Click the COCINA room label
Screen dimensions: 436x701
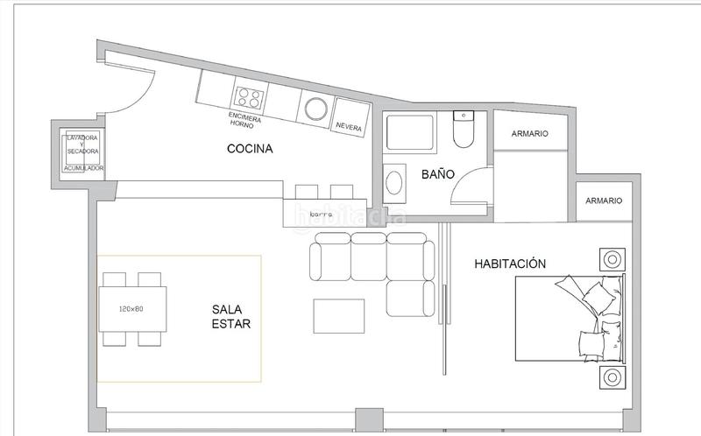pyautogui.click(x=250, y=149)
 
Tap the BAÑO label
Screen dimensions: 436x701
pyautogui.click(x=437, y=174)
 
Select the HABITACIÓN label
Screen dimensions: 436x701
pyautogui.click(x=510, y=263)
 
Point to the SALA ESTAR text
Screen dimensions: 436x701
pyautogui.click(x=231, y=316)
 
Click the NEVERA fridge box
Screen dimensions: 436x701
pyautogui.click(x=349, y=126)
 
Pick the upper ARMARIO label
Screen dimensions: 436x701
pyautogui.click(x=529, y=134)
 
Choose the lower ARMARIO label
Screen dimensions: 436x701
pyautogui.click(x=603, y=200)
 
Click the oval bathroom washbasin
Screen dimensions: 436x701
pyautogui.click(x=396, y=182)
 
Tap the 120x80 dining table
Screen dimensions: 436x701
pyautogui.click(x=131, y=309)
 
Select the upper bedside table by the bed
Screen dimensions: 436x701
pyautogui.click(x=611, y=259)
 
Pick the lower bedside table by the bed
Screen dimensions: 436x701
pyautogui.click(x=611, y=378)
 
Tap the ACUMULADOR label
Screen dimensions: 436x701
pyautogui.click(x=83, y=167)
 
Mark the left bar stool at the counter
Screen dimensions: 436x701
pyautogui.click(x=306, y=191)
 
